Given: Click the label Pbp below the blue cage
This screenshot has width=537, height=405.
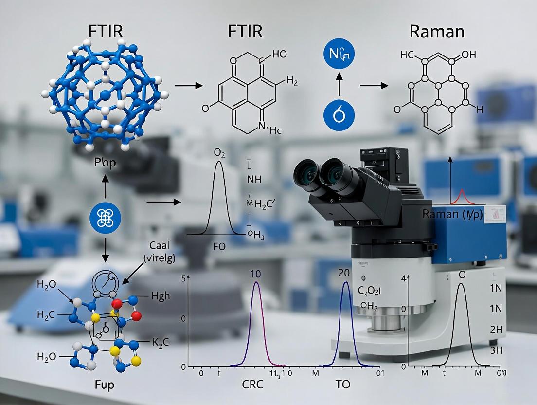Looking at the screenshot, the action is click(x=105, y=163).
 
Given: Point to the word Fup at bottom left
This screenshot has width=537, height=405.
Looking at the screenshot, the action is click(x=104, y=386).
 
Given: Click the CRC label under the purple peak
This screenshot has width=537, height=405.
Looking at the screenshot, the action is click(x=252, y=385).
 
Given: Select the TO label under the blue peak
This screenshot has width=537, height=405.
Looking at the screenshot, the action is click(x=342, y=385).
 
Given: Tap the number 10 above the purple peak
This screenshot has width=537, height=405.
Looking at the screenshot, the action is click(x=256, y=274).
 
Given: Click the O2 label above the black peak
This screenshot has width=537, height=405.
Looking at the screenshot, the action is click(x=220, y=154).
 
